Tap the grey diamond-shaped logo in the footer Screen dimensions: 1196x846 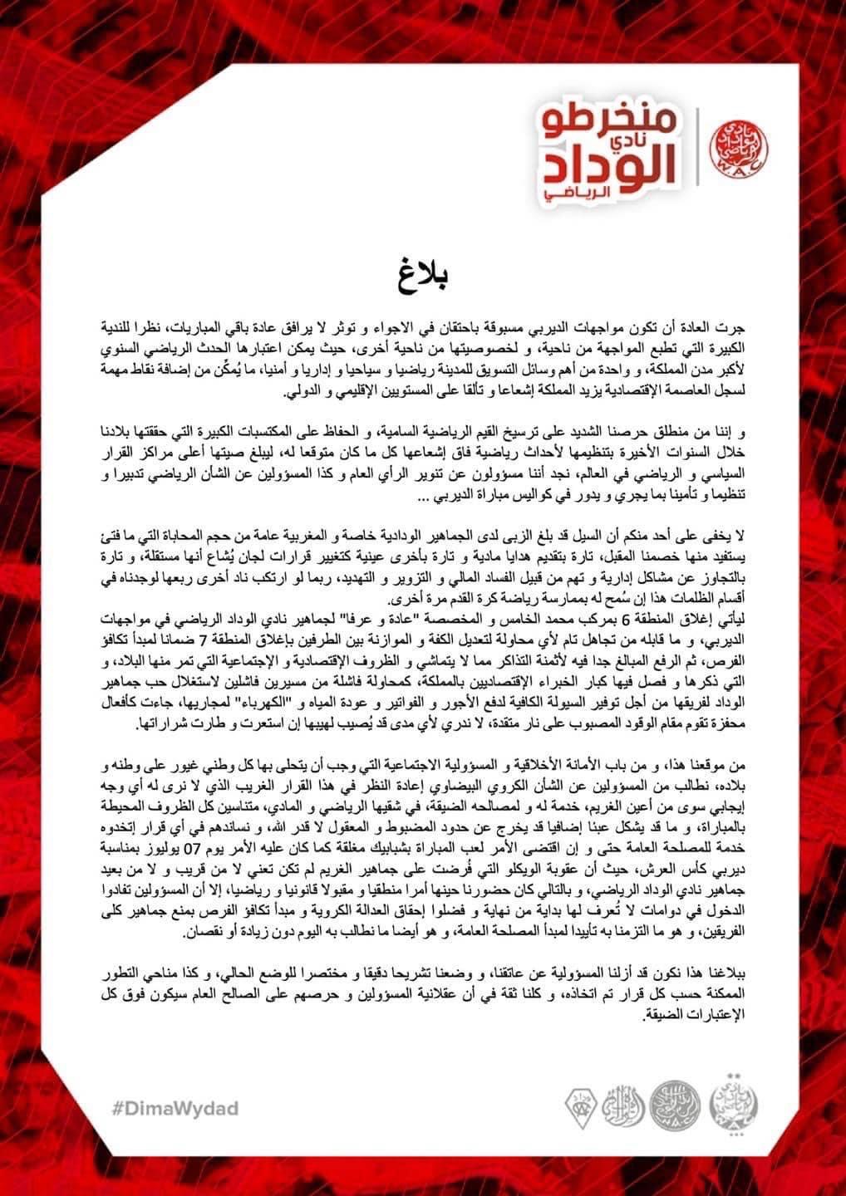click(582, 1108)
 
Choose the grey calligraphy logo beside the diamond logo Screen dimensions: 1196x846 click(623, 1108)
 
